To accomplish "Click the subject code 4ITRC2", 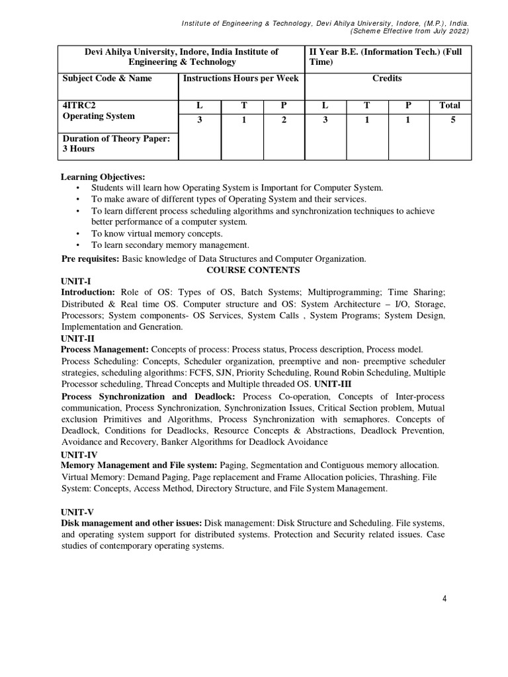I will [79, 105].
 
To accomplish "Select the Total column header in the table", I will [450, 105].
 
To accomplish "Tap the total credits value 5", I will [450, 120].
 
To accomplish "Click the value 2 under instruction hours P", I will [283, 120].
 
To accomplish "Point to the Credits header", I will [387, 78].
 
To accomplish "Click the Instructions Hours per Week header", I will [241, 78].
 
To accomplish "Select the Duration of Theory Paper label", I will [116, 138].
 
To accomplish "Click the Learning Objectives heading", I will [103, 177].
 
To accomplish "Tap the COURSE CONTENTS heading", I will [253, 270].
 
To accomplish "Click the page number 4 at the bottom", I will [444, 599].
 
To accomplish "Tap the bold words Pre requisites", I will [90, 259].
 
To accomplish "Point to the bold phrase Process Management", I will [105, 349].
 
